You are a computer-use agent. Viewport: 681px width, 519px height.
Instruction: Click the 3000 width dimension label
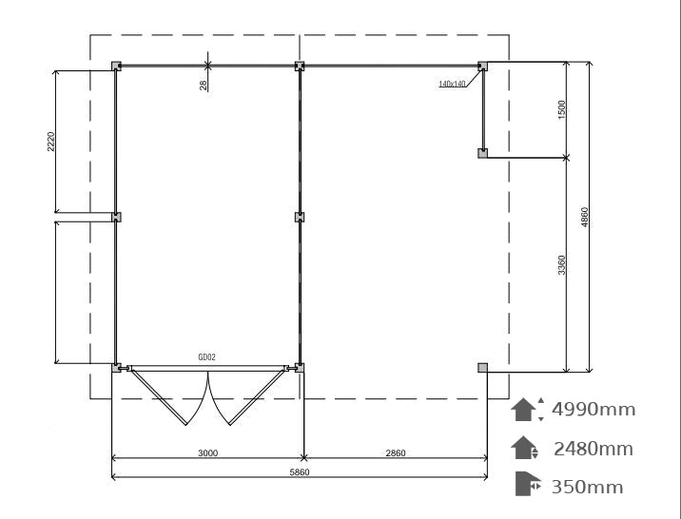[x=207, y=453]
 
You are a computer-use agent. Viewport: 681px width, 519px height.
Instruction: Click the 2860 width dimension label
[x=396, y=453]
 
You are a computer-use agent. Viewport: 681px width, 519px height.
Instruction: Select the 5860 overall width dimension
[x=300, y=472]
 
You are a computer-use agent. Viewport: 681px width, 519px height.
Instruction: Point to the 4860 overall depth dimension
[x=585, y=217]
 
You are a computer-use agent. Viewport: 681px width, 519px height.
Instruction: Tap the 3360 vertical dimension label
[x=561, y=264]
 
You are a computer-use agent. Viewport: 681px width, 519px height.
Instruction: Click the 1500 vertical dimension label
[x=561, y=109]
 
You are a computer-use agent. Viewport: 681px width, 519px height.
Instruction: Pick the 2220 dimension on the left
[x=50, y=142]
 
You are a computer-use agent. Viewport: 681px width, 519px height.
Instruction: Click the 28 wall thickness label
[x=203, y=85]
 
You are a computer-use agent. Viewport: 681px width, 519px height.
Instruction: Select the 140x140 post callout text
[x=452, y=84]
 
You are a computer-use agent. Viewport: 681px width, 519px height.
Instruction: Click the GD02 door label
[x=206, y=357]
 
